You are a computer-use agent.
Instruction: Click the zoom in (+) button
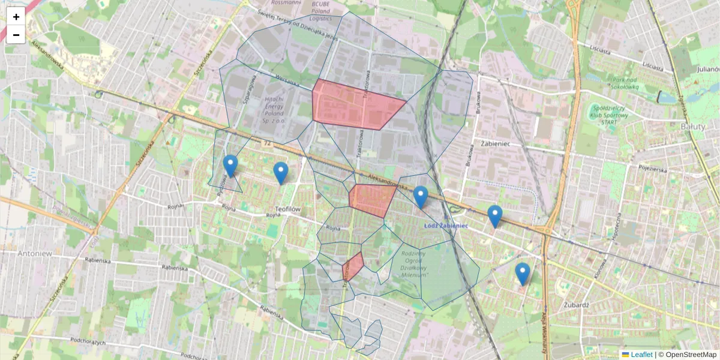16,17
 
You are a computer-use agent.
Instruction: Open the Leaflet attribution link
641,355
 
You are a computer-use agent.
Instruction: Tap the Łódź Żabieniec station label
445,226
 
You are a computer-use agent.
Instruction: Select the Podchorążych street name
88,341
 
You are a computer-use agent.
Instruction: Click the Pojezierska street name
653,169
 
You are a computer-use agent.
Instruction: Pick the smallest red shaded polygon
353,266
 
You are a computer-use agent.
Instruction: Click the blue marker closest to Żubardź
523,274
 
